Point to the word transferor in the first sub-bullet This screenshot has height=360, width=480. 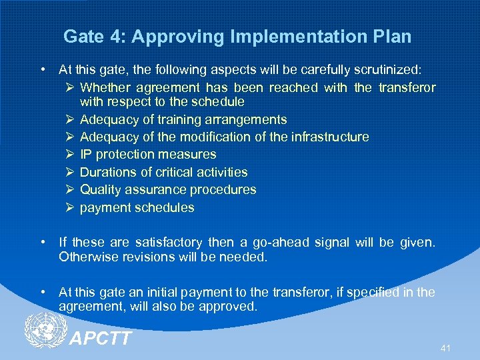pyautogui.click(x=407, y=87)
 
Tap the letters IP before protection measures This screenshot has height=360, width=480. pyautogui.click(x=85, y=154)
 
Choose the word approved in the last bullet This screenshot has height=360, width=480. pyautogui.click(x=231, y=306)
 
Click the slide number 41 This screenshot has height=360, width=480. pyautogui.click(x=446, y=348)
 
